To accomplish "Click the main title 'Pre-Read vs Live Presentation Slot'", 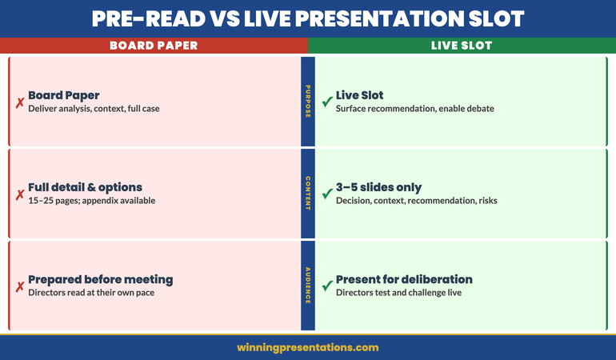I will tap(308, 18).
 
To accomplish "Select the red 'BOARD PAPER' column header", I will tap(153, 46).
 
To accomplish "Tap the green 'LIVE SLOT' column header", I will tap(462, 46).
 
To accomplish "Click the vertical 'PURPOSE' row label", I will tap(308, 102).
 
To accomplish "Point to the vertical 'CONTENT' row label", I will tap(308, 194).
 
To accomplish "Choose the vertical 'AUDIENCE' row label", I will tap(308, 286).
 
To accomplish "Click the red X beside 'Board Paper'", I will tap(19, 102).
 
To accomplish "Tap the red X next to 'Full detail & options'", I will tap(19, 194).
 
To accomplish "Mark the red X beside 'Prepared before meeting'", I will tap(19, 286).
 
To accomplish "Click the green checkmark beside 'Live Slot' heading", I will tap(326, 102).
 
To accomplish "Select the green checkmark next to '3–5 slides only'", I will tap(326, 194).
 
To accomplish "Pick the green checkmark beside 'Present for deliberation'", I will tap(326, 286).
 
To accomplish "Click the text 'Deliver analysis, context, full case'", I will tap(94, 109).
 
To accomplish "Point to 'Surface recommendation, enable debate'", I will tap(414, 109).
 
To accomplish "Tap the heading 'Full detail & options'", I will tap(85, 187).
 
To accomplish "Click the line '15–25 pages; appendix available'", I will tap(91, 201).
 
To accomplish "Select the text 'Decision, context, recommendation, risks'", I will tap(416, 201).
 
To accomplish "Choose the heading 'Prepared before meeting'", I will tap(100, 279).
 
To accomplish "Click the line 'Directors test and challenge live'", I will tap(398, 293).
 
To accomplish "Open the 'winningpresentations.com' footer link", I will tap(308, 348).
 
